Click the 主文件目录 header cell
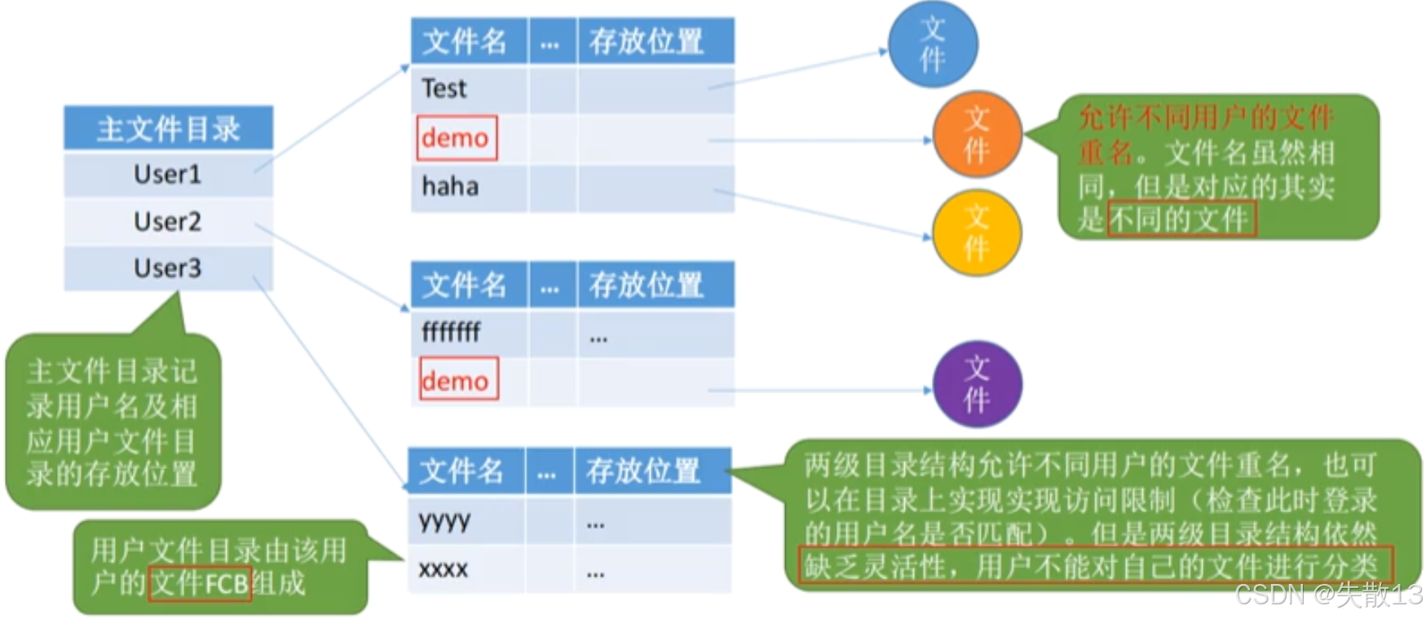[x=168, y=128]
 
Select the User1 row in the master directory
[x=167, y=174]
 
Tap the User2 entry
[x=167, y=221]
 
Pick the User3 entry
[x=167, y=267]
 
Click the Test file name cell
[x=444, y=88]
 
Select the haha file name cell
[x=450, y=187]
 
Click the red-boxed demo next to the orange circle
[x=456, y=138]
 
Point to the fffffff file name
[x=451, y=332]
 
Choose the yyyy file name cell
[x=444, y=520]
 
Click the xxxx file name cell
[x=443, y=568]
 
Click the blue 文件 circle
[x=932, y=44]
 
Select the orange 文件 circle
[x=976, y=135]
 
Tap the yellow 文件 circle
[x=976, y=232]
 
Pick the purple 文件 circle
[x=976, y=384]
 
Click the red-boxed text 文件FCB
[x=200, y=584]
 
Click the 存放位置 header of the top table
[x=647, y=41]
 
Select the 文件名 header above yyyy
[x=462, y=471]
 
